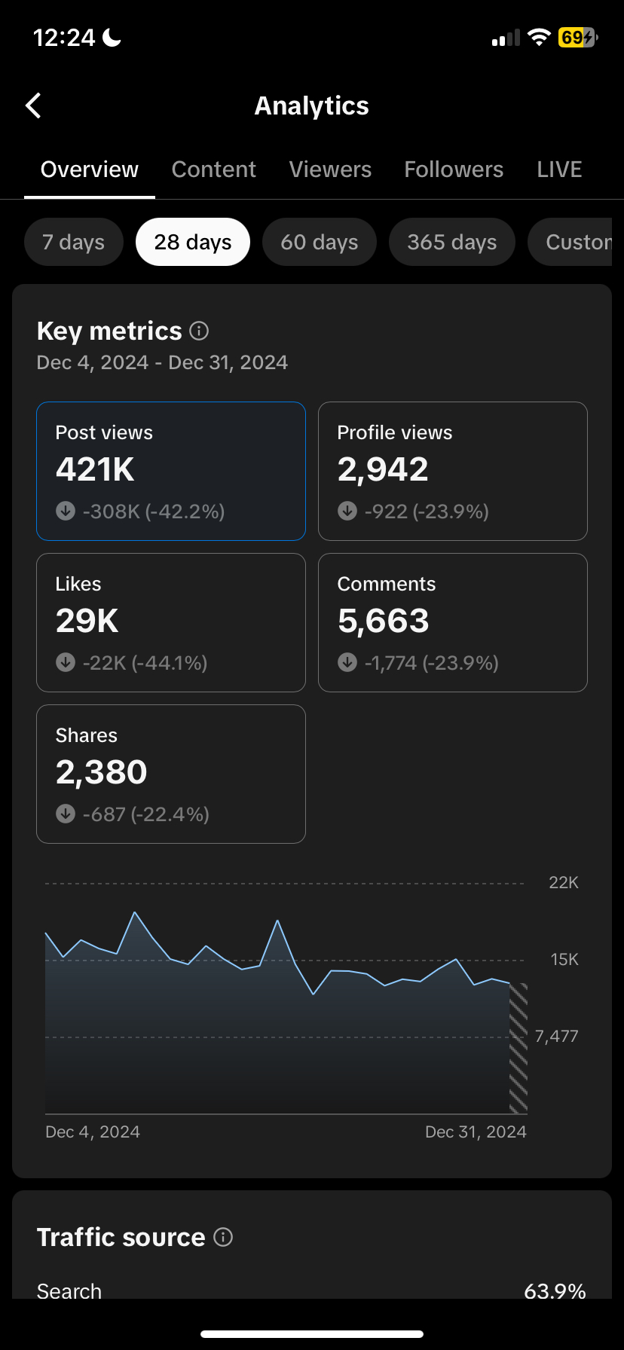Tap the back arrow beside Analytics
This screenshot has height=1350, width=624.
click(33, 106)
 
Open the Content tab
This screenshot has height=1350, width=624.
click(214, 170)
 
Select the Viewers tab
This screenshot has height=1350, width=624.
click(330, 170)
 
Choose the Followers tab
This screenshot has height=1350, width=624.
click(454, 170)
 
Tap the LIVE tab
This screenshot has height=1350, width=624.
click(559, 170)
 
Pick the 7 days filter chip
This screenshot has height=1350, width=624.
click(74, 242)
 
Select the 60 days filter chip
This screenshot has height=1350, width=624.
click(320, 242)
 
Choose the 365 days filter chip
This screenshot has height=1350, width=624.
click(452, 242)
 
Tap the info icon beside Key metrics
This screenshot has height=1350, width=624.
click(199, 330)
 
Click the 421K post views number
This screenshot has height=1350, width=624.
click(95, 469)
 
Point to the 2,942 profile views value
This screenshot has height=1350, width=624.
click(383, 469)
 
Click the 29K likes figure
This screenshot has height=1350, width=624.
click(87, 621)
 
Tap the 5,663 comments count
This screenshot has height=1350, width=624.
click(384, 621)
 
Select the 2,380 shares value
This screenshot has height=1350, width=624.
click(102, 772)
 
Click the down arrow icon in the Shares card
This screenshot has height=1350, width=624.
click(66, 814)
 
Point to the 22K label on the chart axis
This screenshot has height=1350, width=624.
click(564, 883)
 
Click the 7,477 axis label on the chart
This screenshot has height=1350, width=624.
click(557, 1037)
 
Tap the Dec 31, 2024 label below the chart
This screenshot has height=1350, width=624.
click(476, 1132)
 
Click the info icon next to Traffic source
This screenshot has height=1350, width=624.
click(223, 1236)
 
